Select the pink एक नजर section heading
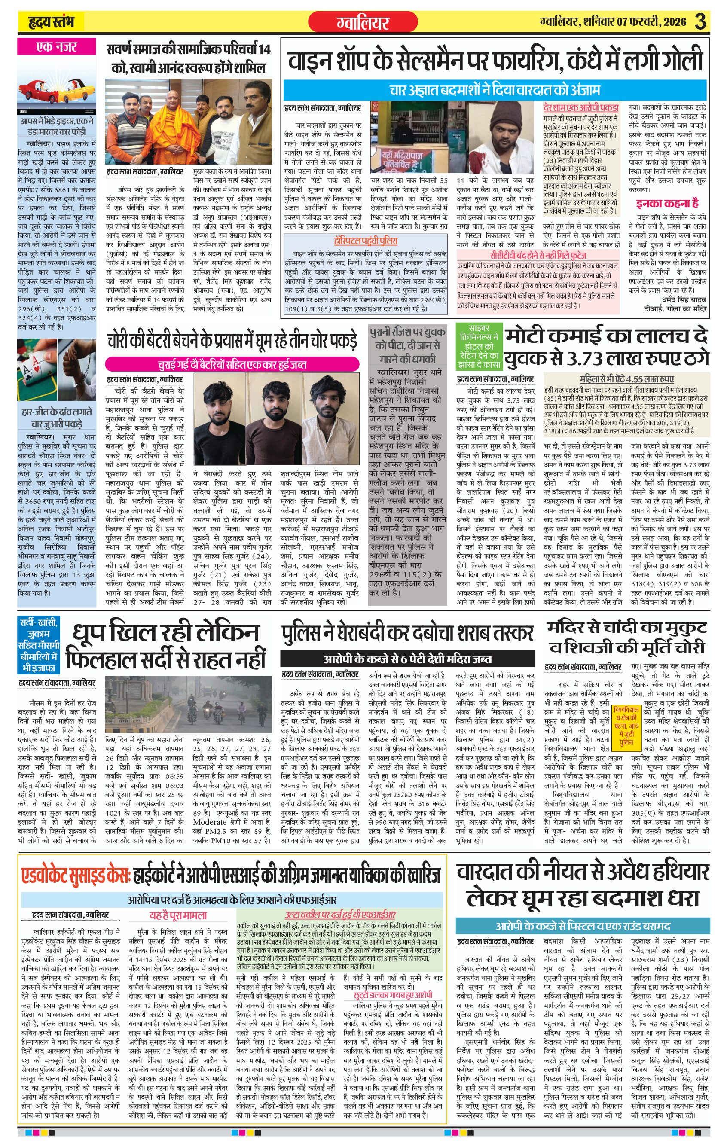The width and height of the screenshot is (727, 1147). point(56,47)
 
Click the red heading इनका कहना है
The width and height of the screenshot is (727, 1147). point(667,203)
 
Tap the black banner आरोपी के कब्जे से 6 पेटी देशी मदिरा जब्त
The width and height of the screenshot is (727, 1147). point(407,659)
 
